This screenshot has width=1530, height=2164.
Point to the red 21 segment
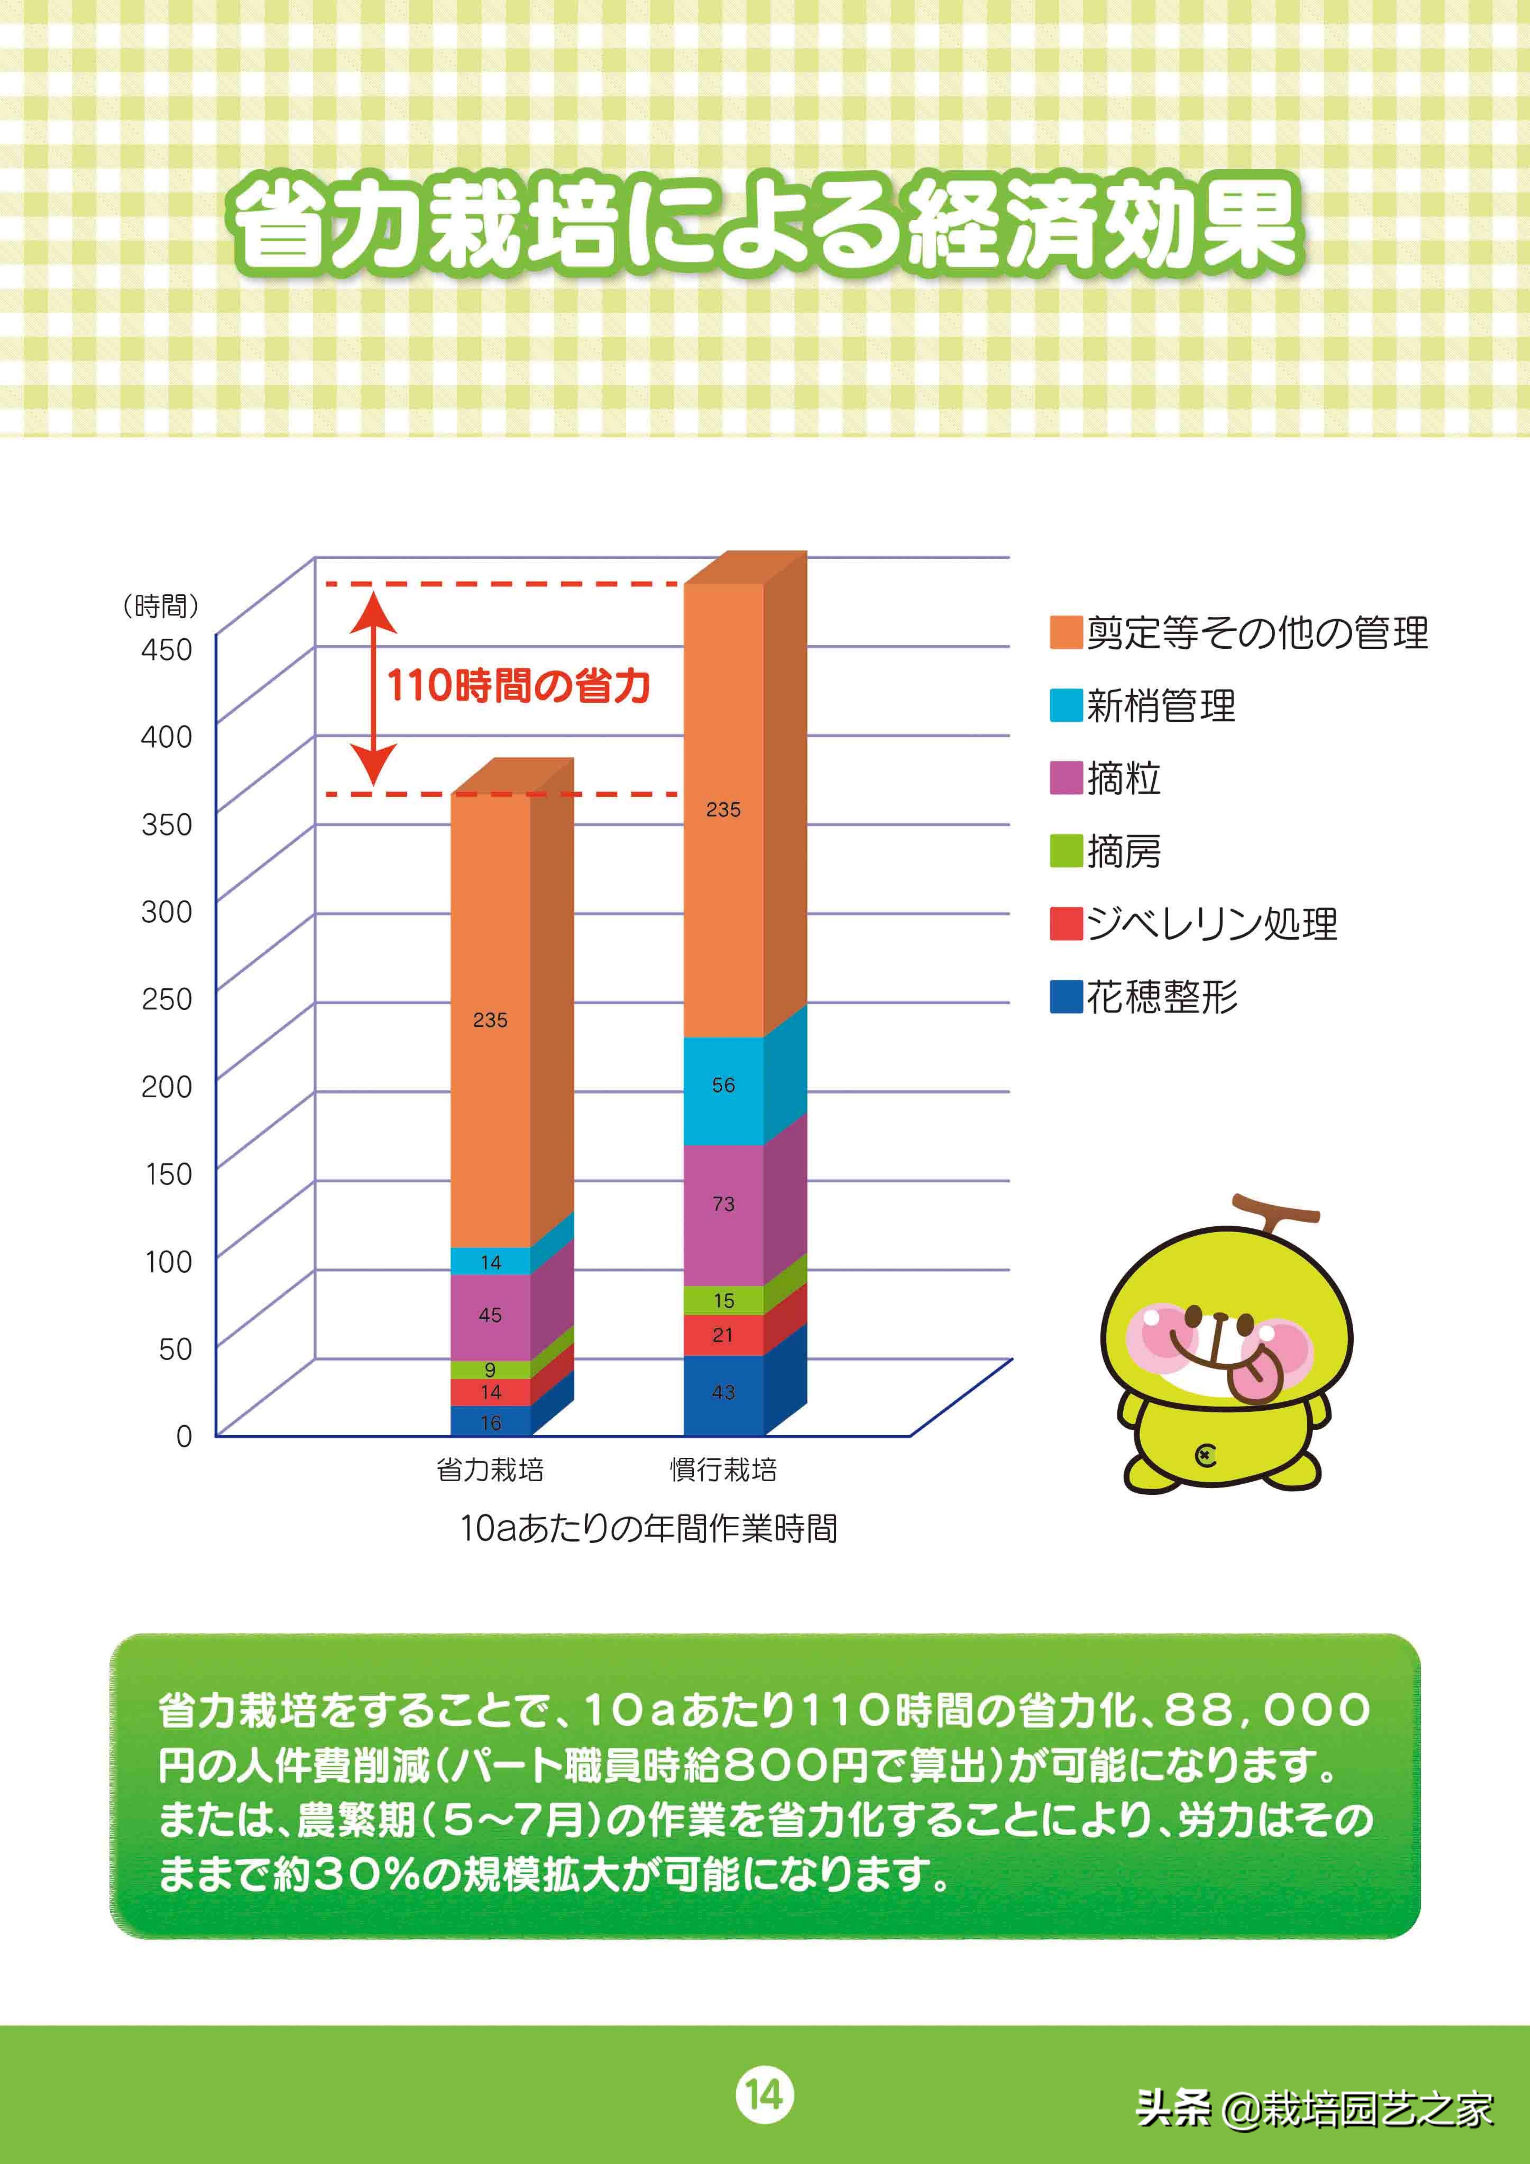coord(723,1335)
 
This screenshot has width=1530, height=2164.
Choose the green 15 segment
coord(723,1301)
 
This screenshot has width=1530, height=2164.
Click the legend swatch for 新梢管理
coord(1065,706)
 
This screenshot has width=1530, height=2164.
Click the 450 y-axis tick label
coord(167,649)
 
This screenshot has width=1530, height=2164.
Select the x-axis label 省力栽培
coord(490,1469)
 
